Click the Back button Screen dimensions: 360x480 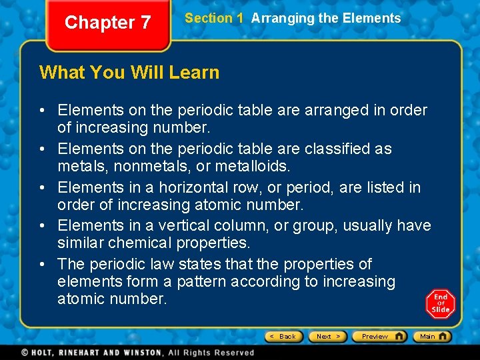pos(284,337)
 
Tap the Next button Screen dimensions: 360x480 pos(327,337)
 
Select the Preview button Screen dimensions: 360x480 pos(379,337)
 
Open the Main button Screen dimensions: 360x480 pos(431,337)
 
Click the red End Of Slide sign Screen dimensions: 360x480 pos(440,303)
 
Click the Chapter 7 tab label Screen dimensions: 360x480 pos(107,23)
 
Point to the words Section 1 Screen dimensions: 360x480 pos(214,19)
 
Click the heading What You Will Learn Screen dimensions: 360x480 pos(129,72)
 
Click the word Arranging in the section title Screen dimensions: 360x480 pos(283,19)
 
